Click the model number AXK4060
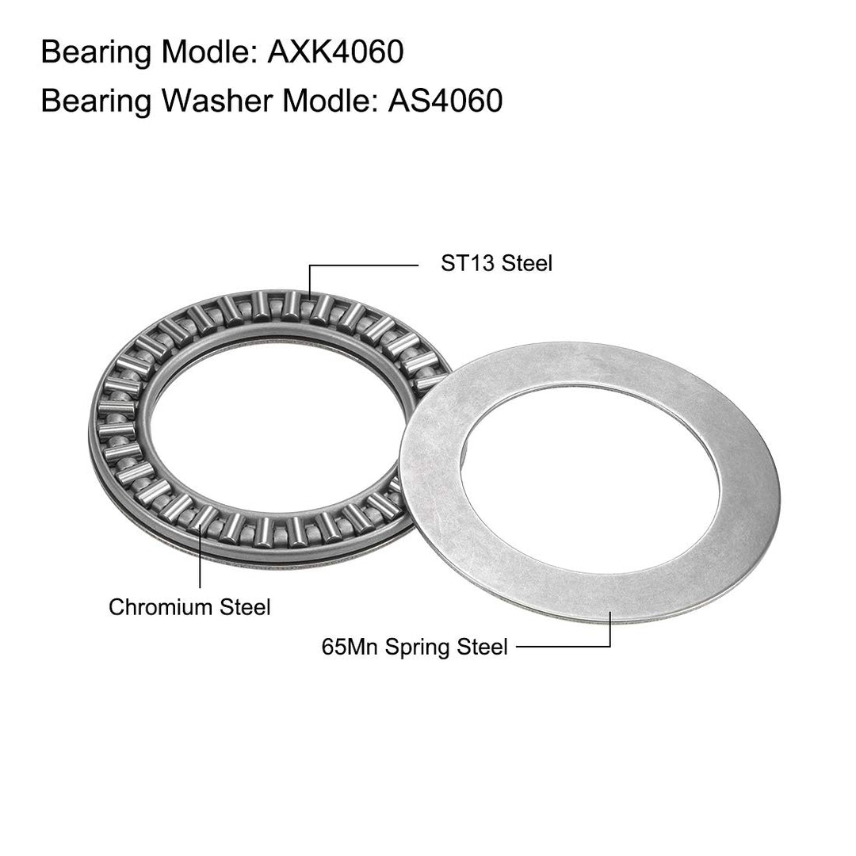[335, 52]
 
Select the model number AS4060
[445, 101]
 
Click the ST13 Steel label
[496, 263]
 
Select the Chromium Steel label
[189, 607]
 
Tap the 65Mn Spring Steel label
[415, 647]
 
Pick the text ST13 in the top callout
[468, 263]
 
